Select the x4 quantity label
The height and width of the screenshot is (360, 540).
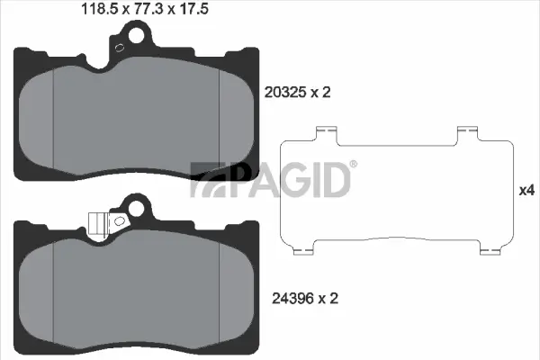pyautogui.click(x=526, y=191)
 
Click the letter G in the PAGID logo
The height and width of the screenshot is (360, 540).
pyautogui.click(x=283, y=180)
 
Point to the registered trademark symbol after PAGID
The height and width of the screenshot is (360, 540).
pyautogui.click(x=352, y=165)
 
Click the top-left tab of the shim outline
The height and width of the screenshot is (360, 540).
pyautogui.click(x=320, y=134)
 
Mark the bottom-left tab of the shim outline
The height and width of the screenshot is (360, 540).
pyautogui.click(x=303, y=247)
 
